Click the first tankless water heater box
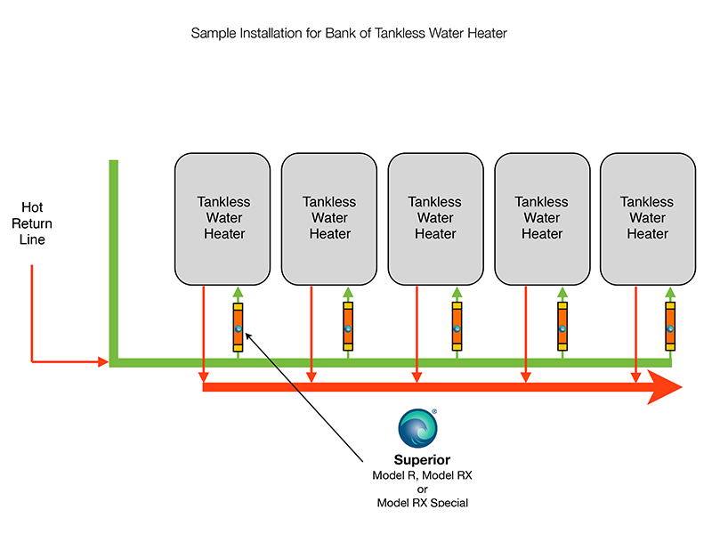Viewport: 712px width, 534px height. click(x=222, y=218)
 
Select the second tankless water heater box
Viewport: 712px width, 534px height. click(x=329, y=218)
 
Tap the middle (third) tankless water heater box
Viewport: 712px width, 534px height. click(x=435, y=218)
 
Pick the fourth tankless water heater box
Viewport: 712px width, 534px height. click(x=542, y=218)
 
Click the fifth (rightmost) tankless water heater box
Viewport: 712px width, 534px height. click(x=648, y=218)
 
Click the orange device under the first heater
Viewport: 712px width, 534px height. click(x=238, y=328)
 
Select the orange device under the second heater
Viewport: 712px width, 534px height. click(x=349, y=328)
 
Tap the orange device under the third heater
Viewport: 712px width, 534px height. click(x=456, y=328)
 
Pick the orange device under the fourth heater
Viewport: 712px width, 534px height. click(x=562, y=328)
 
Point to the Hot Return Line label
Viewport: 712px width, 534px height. click(x=32, y=223)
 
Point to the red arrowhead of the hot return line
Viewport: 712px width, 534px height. click(x=102, y=362)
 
